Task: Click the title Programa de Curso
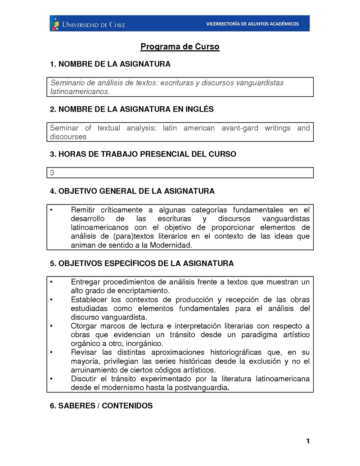[x=180, y=47]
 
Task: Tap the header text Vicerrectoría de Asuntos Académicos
[x=252, y=24]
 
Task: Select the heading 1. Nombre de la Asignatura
[x=110, y=64]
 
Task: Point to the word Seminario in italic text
[x=67, y=83]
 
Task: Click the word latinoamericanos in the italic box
[x=80, y=91]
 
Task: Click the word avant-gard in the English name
[x=239, y=128]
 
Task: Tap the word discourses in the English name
[x=68, y=136]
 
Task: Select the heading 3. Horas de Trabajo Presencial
[x=143, y=154]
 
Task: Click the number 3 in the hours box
[x=52, y=173]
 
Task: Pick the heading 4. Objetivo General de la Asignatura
[x=132, y=191]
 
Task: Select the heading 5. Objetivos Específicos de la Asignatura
[x=142, y=263]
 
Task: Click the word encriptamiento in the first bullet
[x=144, y=290]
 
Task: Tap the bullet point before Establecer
[x=52, y=299]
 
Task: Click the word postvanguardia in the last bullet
[x=201, y=388]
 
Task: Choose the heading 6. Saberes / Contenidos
[x=101, y=406]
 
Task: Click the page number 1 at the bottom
[x=308, y=441]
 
